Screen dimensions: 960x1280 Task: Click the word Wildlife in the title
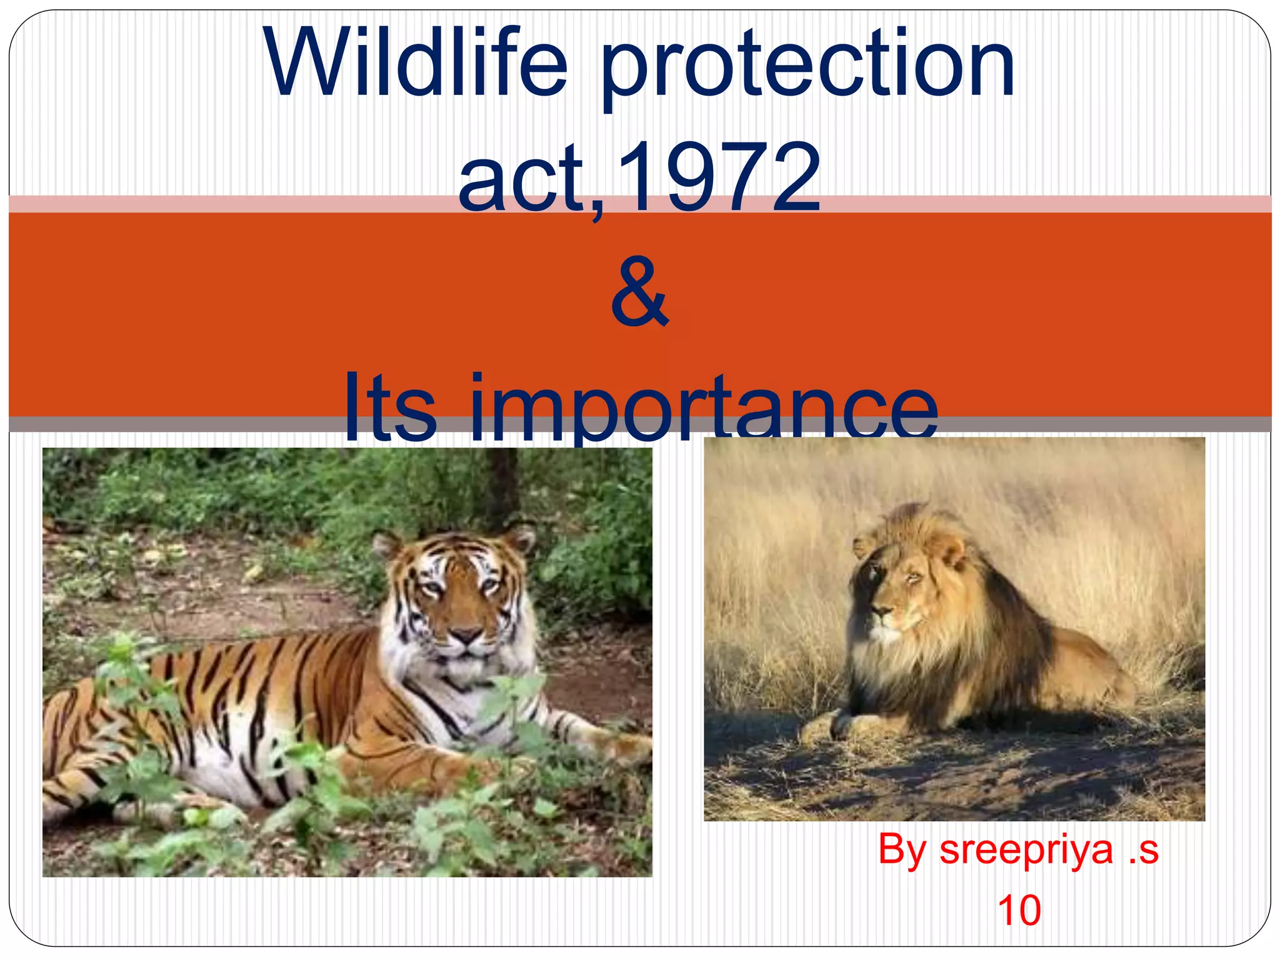416,62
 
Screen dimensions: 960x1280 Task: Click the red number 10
1019,911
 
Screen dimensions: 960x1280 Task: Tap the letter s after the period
1149,851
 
